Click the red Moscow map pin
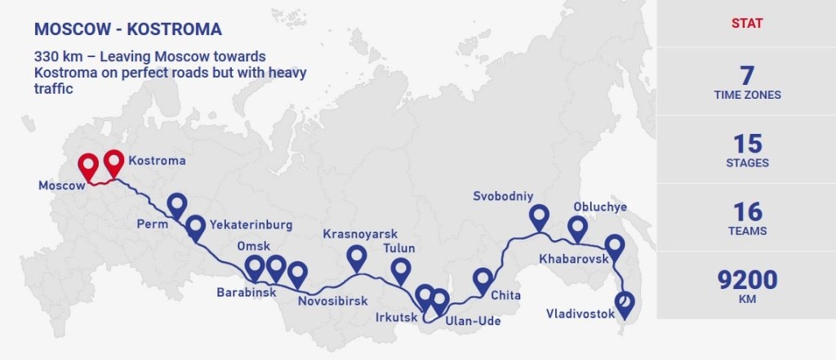[89, 166]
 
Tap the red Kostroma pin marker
[114, 162]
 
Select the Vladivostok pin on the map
[625, 303]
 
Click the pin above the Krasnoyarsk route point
[357, 256]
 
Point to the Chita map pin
[483, 279]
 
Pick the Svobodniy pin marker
[538, 216]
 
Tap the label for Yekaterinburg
[251, 224]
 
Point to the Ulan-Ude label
[474, 321]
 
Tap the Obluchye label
[600, 207]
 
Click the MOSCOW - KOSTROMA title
[128, 30]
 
